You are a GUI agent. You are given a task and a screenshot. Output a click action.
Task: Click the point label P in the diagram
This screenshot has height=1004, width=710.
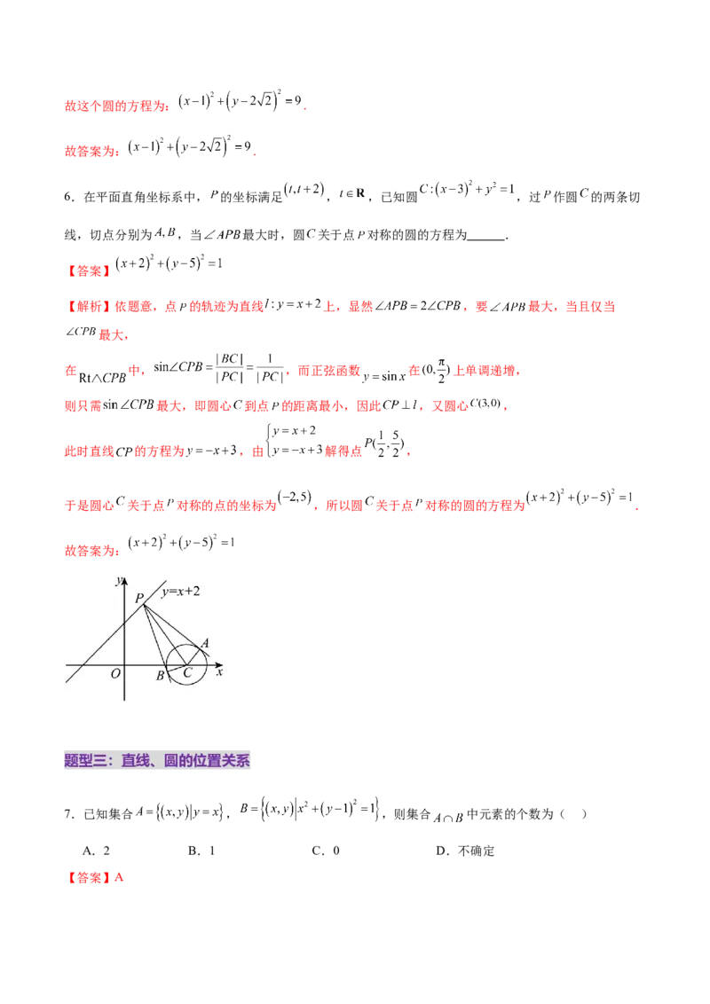point(138,598)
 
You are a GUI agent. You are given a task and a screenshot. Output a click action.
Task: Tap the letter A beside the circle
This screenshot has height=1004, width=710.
point(205,643)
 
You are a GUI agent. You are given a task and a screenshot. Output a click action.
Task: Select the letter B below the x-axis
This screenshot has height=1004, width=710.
point(161,677)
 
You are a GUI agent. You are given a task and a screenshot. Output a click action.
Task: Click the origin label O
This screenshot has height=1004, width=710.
point(115,674)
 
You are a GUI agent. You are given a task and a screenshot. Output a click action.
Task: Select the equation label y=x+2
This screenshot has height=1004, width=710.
point(180,592)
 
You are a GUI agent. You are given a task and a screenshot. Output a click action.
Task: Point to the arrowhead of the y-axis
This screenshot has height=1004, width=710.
point(125,582)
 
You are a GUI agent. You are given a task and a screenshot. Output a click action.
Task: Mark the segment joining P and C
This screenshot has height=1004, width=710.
point(164,633)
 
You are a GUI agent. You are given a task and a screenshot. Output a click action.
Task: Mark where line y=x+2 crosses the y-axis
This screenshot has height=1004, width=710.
point(125,624)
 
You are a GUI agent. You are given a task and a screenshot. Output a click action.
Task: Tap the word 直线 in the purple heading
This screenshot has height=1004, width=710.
point(136,760)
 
